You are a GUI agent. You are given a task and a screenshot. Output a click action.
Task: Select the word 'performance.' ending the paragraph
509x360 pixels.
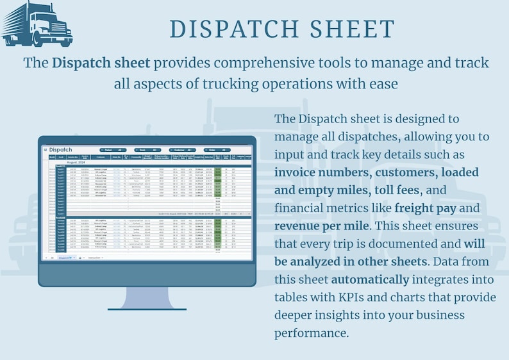[312, 333]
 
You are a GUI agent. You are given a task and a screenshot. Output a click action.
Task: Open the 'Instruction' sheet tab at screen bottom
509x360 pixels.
[97, 257]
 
